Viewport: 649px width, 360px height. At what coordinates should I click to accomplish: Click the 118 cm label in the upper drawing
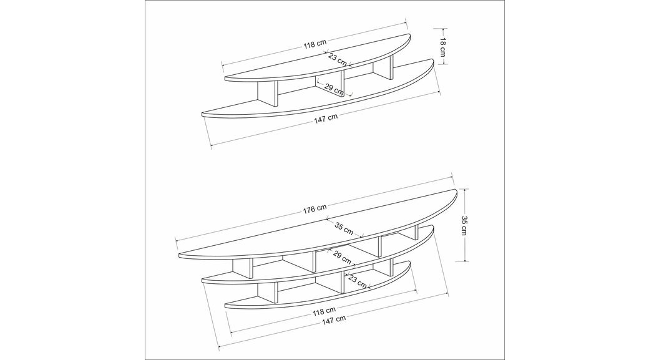[x=315, y=44]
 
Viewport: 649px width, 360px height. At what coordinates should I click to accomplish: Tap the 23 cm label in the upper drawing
[x=338, y=60]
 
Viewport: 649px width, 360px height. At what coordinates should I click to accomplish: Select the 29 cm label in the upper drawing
[x=334, y=88]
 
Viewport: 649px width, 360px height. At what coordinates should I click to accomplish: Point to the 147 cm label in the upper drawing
[x=326, y=117]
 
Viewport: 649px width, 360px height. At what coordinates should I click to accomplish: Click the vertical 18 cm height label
[x=442, y=47]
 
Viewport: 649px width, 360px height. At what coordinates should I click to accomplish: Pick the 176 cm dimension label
[x=315, y=208]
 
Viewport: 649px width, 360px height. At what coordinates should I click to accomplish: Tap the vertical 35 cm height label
[x=464, y=225]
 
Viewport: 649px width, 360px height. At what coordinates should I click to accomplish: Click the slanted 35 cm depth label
[x=344, y=228]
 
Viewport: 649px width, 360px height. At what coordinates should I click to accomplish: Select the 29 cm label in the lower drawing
[x=341, y=258]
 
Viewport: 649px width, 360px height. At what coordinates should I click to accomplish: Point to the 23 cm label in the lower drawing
[x=358, y=281]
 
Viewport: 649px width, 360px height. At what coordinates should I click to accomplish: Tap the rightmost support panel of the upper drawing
[x=383, y=67]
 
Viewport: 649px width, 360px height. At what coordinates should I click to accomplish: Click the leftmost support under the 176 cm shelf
[x=242, y=270]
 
